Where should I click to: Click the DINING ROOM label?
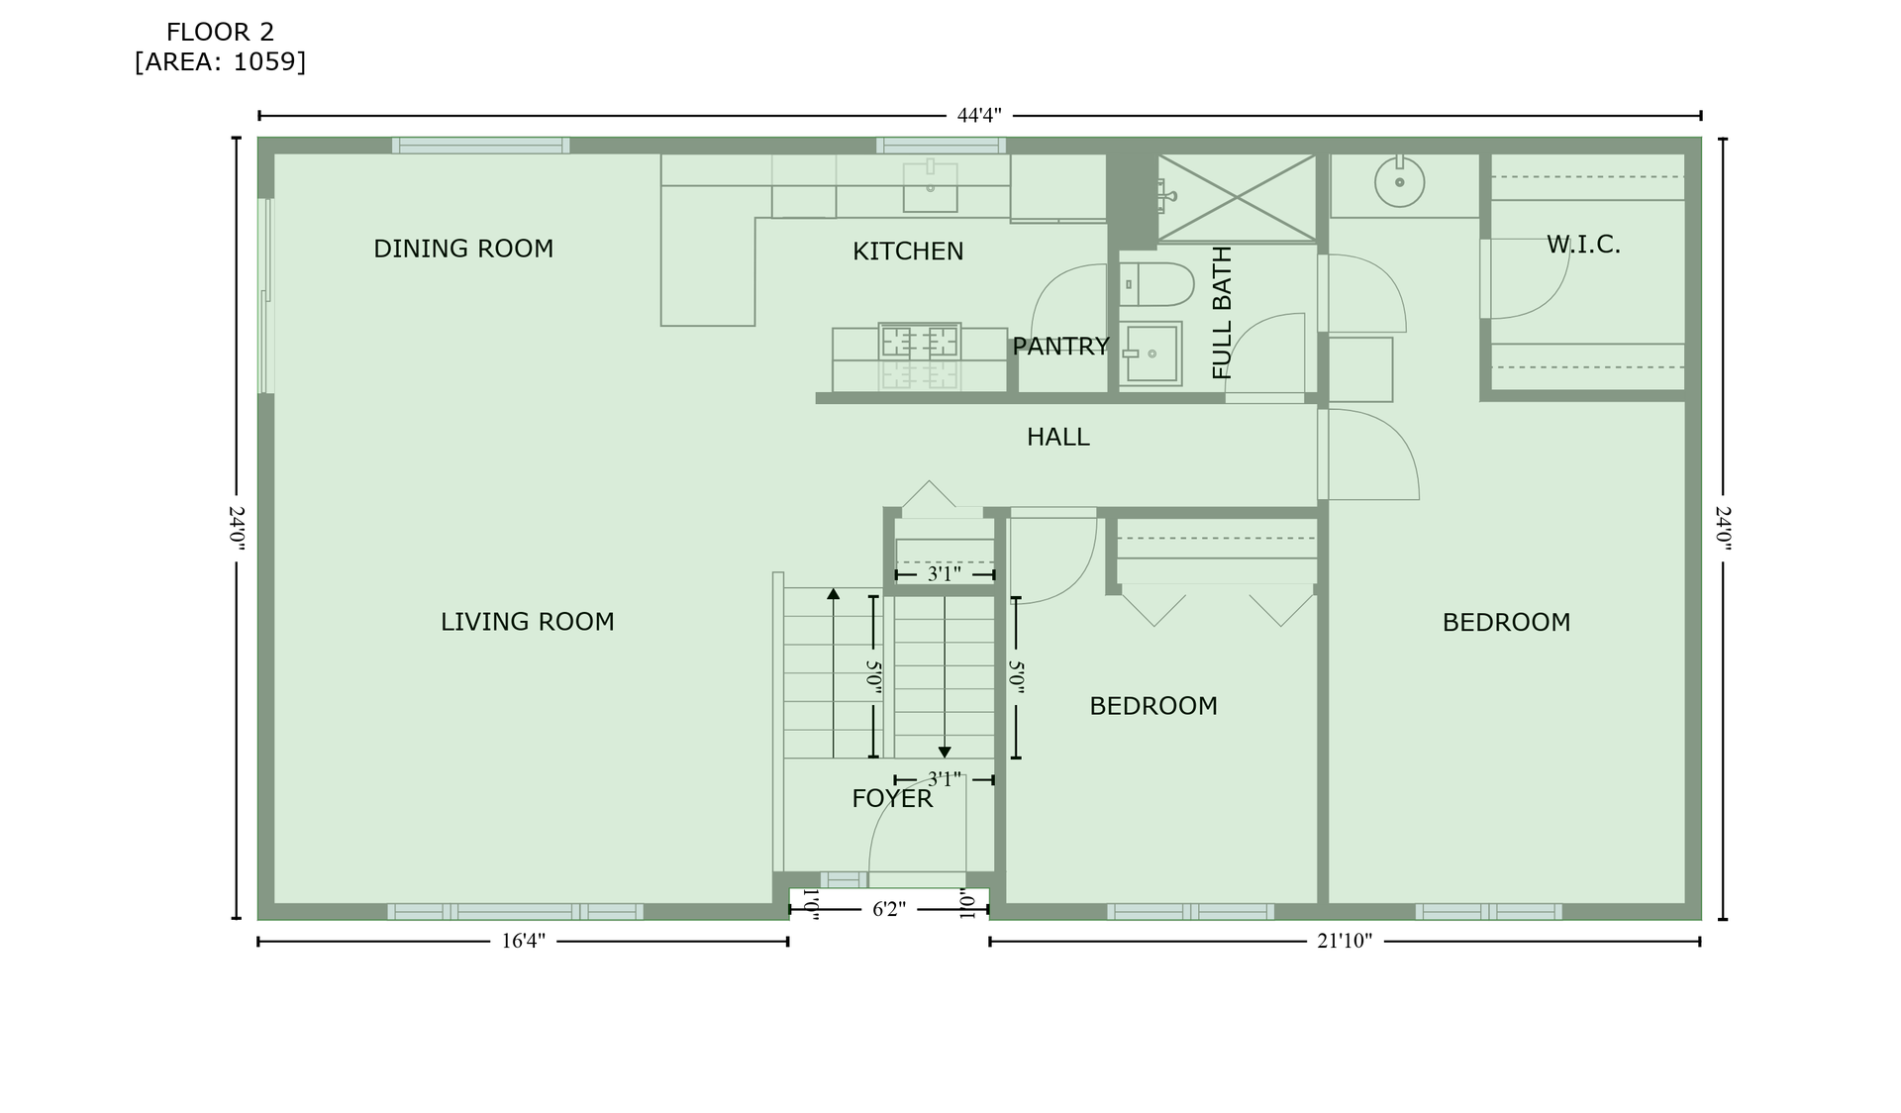tap(463, 249)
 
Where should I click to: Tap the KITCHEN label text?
tap(908, 252)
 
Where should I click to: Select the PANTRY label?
tap(1060, 347)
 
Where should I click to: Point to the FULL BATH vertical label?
tap(1223, 313)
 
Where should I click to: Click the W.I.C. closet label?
tap(1583, 245)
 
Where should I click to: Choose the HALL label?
tap(1057, 437)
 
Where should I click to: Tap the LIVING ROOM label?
tap(528, 622)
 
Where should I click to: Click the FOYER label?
tap(892, 798)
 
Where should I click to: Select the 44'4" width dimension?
tap(979, 115)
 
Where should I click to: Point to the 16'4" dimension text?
tap(523, 941)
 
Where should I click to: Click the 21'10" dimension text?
tap(1345, 941)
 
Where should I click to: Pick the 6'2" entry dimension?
tap(889, 909)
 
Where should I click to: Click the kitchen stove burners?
tap(920, 342)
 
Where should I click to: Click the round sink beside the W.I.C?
tap(1399, 182)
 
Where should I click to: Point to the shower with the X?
tap(1237, 197)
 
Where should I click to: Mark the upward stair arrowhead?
tap(834, 593)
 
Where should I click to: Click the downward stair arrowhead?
tap(945, 753)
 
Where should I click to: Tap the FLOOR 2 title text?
tap(220, 33)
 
